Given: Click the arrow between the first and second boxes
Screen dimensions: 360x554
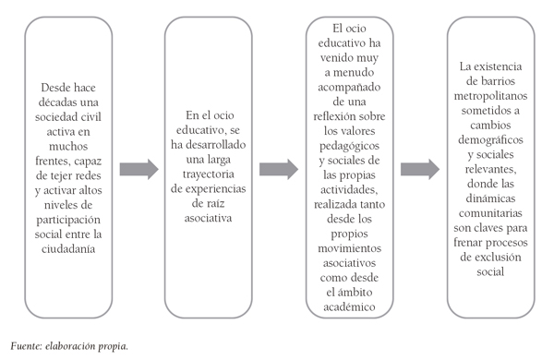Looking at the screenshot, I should (138, 169).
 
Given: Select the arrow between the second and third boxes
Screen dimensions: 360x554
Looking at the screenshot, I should (280, 169).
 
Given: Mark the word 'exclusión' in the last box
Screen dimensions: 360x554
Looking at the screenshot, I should (491, 261).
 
